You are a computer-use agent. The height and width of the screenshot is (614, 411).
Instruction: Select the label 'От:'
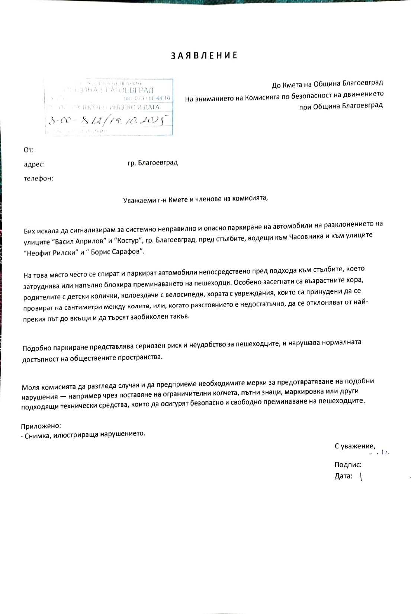tap(29, 150)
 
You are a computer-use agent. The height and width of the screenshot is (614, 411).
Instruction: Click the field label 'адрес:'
tap(34, 164)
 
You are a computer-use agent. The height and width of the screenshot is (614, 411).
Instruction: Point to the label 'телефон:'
tap(38, 178)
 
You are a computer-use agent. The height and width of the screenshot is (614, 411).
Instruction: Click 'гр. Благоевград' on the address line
tap(152, 163)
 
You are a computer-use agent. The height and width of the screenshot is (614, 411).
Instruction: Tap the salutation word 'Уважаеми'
tap(138, 199)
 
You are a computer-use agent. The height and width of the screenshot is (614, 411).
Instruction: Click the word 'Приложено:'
tap(41, 426)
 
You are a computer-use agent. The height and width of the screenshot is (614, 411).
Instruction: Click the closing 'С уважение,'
tap(355, 446)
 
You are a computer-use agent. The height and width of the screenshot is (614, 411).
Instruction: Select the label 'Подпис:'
tap(348, 464)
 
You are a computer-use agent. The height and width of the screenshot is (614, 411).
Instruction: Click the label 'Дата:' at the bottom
tap(343, 476)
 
